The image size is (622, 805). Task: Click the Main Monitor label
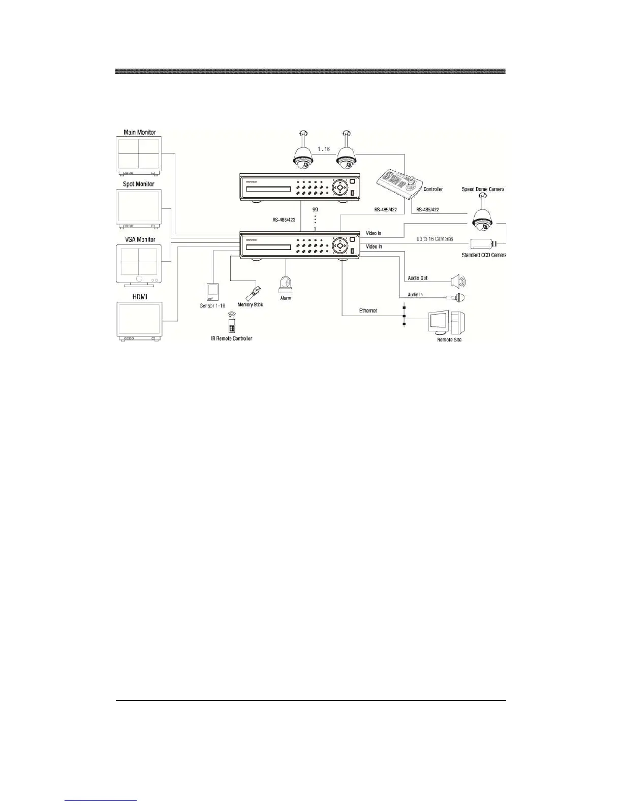(139, 132)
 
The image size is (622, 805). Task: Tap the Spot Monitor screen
(139, 206)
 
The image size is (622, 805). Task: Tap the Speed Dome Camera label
(483, 189)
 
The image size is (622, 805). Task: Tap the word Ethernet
(368, 310)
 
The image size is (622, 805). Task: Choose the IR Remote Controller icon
(232, 323)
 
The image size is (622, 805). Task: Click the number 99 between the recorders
(315, 209)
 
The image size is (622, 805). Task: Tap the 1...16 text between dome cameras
(323, 149)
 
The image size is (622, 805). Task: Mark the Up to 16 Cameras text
(434, 238)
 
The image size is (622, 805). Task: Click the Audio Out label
(417, 278)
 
